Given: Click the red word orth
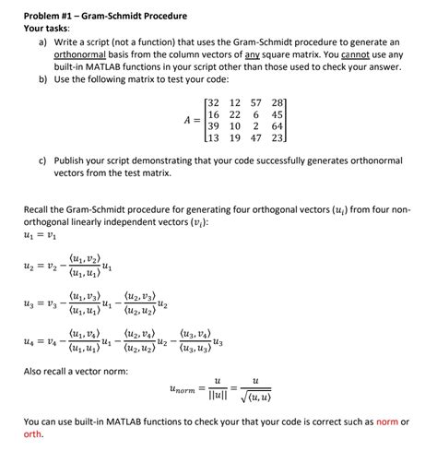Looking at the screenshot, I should coord(33,433).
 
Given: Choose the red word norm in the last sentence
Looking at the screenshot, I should coord(384,421).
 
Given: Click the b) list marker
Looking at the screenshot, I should coord(42,80).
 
